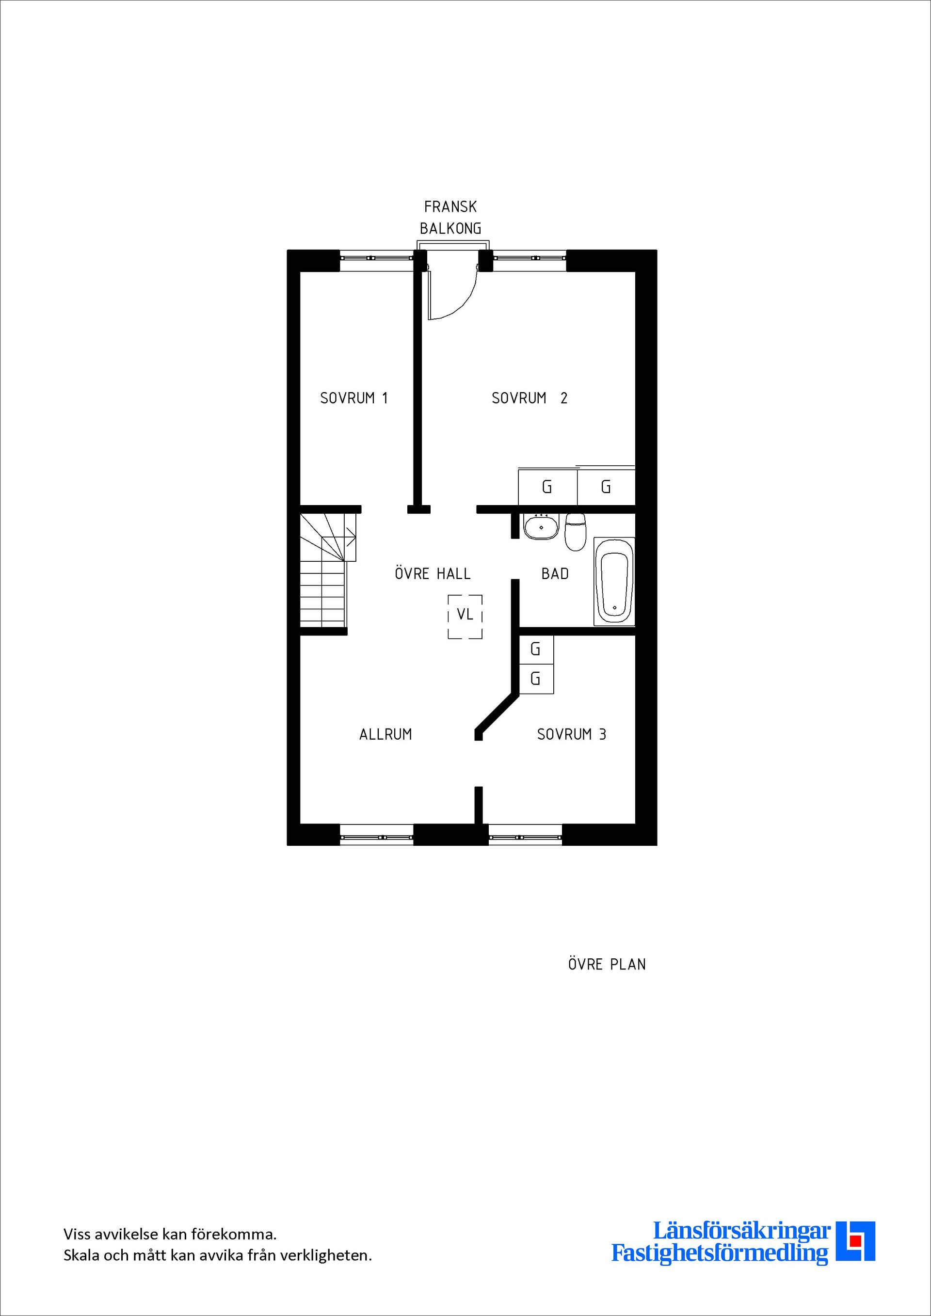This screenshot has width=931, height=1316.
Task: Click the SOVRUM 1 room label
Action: pyautogui.click(x=353, y=398)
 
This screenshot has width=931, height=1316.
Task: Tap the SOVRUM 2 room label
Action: pyautogui.click(x=529, y=398)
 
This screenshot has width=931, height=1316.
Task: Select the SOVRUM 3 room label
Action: pyautogui.click(x=571, y=734)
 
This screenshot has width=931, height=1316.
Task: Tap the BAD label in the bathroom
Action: pyautogui.click(x=555, y=573)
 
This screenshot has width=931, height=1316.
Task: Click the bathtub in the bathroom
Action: pyautogui.click(x=614, y=581)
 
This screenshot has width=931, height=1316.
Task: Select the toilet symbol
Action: pyautogui.click(x=575, y=532)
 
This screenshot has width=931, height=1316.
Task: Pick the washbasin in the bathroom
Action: pyautogui.click(x=541, y=526)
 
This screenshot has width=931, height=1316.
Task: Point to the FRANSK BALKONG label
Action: pyautogui.click(x=450, y=217)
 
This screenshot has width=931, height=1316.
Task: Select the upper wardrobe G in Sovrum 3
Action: pyautogui.click(x=536, y=650)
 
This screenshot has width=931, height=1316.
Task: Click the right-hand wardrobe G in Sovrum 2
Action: pyautogui.click(x=606, y=487)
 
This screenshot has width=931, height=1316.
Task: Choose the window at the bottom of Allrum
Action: pyautogui.click(x=377, y=837)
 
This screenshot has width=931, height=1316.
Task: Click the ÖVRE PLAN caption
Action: pyautogui.click(x=607, y=964)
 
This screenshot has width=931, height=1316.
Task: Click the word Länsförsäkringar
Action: pyautogui.click(x=742, y=1247)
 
